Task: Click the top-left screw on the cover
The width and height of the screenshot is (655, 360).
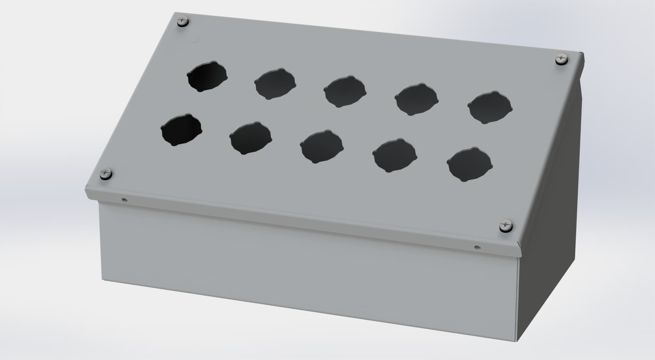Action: (x=183, y=22)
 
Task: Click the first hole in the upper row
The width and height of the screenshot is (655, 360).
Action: (x=207, y=76)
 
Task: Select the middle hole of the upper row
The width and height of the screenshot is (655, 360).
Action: (x=345, y=91)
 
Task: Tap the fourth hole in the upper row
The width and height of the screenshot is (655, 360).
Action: (x=416, y=99)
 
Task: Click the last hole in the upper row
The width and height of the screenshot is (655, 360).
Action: (x=490, y=107)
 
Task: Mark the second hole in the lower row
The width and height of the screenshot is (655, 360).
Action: (x=250, y=138)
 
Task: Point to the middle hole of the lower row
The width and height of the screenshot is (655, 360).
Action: (x=321, y=146)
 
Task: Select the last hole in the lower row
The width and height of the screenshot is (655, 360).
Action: (x=469, y=164)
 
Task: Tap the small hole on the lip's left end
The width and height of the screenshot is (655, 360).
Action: (x=124, y=200)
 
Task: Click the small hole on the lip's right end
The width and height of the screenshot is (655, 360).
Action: (x=477, y=247)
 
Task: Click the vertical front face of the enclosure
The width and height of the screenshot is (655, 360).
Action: (x=305, y=274)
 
